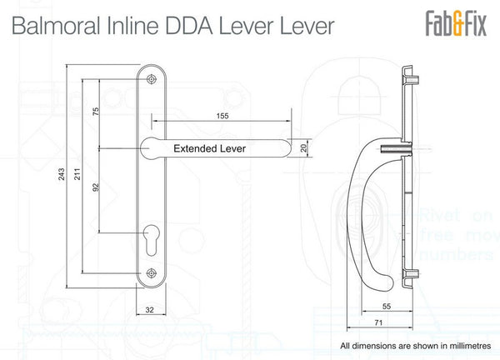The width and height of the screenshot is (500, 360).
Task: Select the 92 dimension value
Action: point(96,188)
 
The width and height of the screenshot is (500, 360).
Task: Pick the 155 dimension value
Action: point(222,117)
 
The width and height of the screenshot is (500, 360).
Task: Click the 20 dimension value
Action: point(303,148)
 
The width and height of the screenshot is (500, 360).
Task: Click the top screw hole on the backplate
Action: point(151,78)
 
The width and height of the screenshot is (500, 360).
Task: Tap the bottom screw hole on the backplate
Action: point(151,272)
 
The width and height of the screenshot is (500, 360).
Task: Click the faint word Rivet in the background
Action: point(440,213)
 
